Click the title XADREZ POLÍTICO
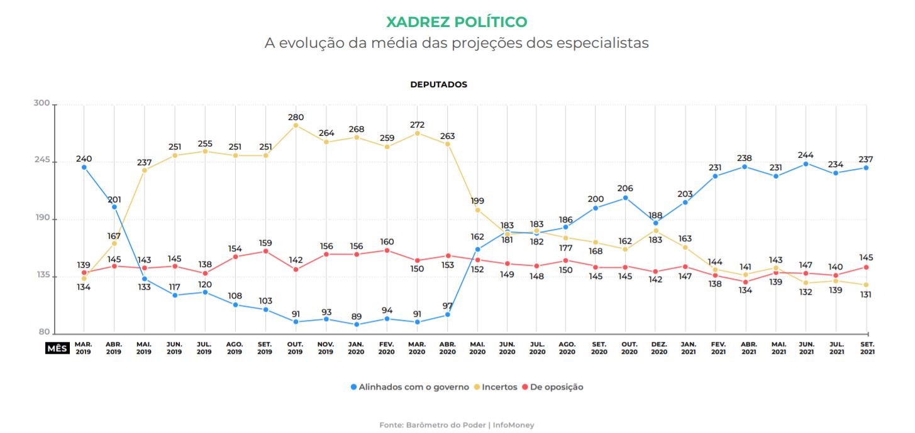click(457, 22)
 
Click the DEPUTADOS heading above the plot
click(438, 84)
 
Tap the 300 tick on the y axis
click(42, 104)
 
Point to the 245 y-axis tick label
click(42, 162)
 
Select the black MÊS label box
click(57, 348)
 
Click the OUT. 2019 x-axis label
click(295, 348)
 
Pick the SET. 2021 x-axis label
click(867, 348)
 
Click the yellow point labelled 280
click(296, 126)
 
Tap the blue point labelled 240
click(84, 167)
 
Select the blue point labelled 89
click(357, 324)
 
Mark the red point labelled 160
click(387, 251)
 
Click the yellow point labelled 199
click(477, 210)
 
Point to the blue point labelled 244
click(806, 164)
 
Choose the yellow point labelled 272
click(417, 133)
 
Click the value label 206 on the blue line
click(625, 188)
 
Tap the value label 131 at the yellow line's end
click(867, 295)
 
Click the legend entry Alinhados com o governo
click(409, 387)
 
